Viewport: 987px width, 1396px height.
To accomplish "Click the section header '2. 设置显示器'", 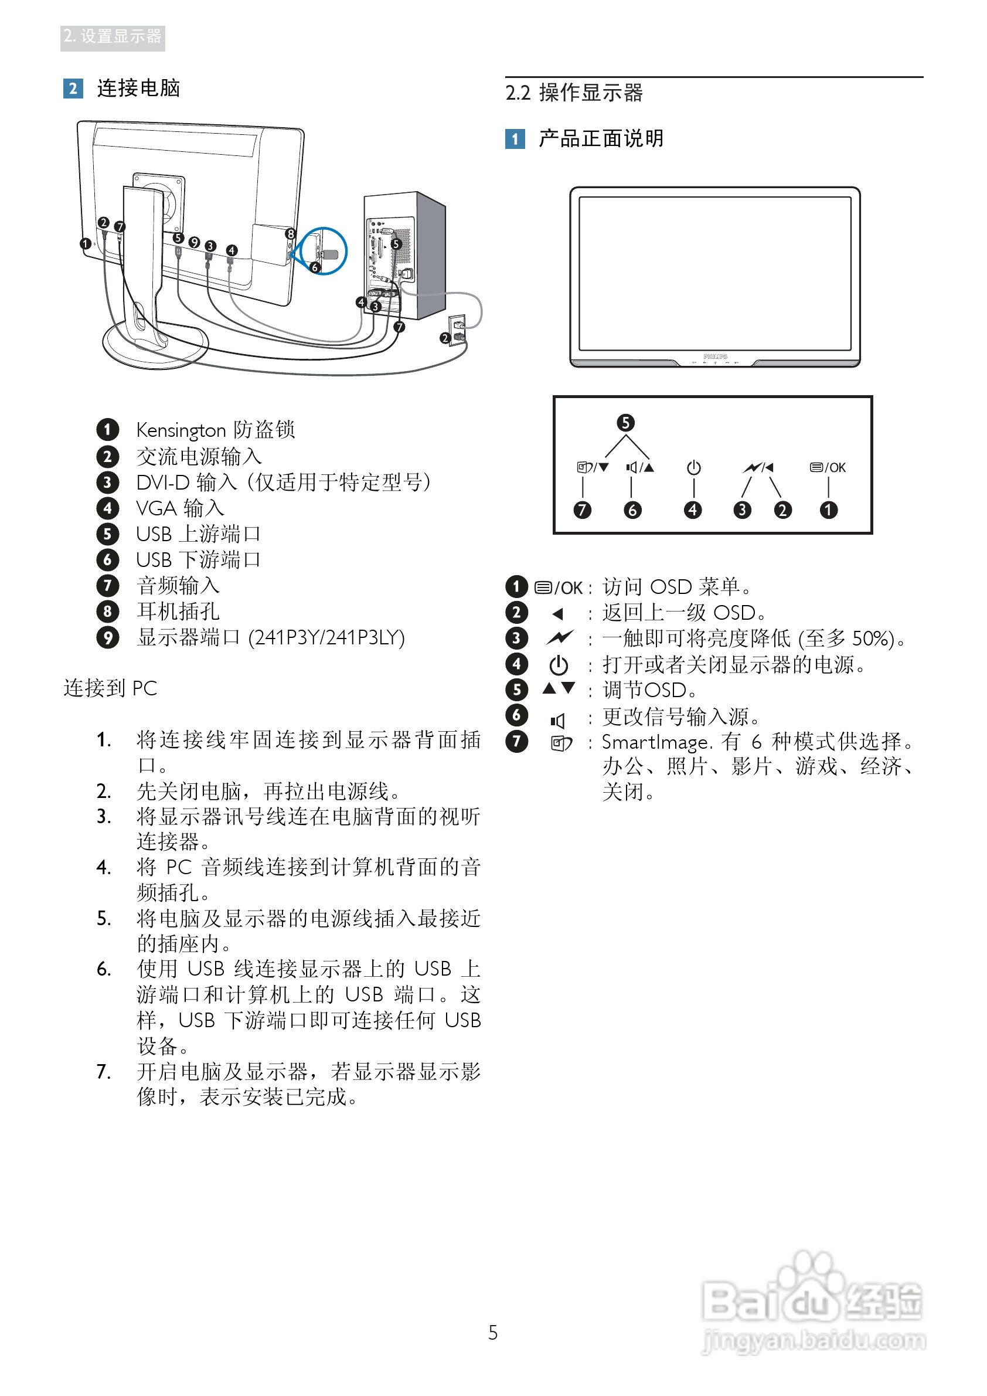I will [113, 37].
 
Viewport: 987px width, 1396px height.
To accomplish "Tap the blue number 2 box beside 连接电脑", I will [73, 89].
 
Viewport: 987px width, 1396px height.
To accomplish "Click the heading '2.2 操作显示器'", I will [574, 93].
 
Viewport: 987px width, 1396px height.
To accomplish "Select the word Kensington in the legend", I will [181, 430].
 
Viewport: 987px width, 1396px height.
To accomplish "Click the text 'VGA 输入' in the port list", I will [180, 508].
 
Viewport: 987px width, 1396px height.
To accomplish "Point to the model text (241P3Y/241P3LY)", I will [326, 638].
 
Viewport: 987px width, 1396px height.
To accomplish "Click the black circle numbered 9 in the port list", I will [108, 638].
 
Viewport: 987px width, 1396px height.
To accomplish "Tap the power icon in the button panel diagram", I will [693, 467].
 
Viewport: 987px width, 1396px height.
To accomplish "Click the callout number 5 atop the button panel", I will [625, 423].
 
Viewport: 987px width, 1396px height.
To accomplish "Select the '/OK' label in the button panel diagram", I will [835, 467].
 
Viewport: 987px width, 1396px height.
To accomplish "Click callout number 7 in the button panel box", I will [582, 510].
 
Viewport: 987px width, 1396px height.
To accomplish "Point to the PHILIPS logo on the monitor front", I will [715, 356].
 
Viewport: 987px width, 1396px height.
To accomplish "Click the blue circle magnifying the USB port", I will [324, 250].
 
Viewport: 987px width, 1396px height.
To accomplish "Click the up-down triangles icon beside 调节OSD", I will [559, 689].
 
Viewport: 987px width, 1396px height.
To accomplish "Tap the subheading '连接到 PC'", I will [110, 688].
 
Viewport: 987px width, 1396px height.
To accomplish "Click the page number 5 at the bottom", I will [493, 1333].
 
